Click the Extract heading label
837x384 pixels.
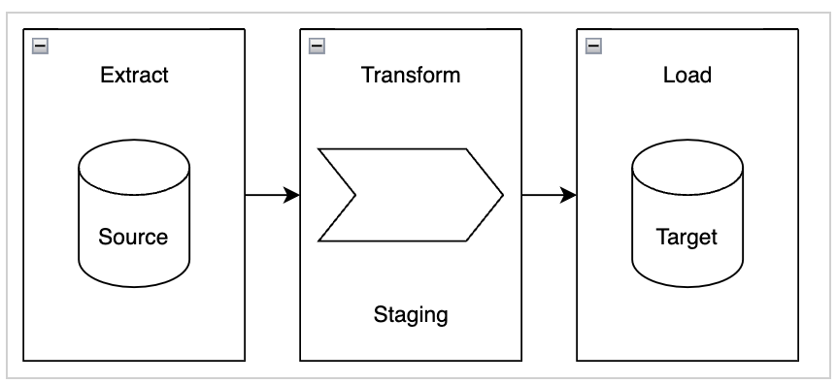click(x=134, y=75)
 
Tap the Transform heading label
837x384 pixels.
click(x=411, y=75)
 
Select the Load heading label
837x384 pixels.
click(x=687, y=75)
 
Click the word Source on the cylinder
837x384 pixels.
click(x=134, y=237)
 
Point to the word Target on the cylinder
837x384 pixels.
click(x=687, y=237)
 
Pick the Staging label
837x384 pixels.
click(x=411, y=314)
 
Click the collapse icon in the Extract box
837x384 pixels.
click(x=40, y=45)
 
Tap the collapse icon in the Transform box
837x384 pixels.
click(x=317, y=45)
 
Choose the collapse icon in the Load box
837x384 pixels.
click(x=593, y=45)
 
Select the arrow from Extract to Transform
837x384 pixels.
click(x=267, y=195)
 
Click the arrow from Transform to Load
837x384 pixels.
click(x=545, y=195)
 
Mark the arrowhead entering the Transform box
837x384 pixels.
click(x=291, y=195)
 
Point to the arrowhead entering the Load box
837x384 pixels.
click(x=569, y=195)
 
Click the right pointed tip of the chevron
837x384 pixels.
click(x=502, y=195)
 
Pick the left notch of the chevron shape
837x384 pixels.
click(x=355, y=195)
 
